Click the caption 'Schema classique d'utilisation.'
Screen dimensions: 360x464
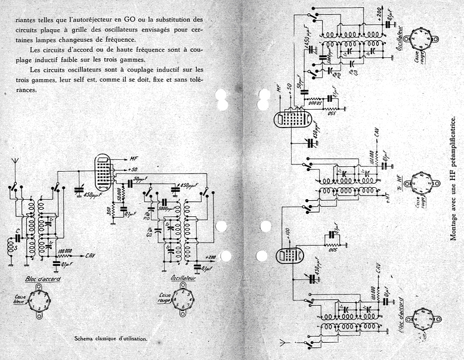pyautogui.click(x=110, y=339)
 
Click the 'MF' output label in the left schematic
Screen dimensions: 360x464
pyautogui.click(x=134, y=159)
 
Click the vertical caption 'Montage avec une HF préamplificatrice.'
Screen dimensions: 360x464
pyautogui.click(x=453, y=179)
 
